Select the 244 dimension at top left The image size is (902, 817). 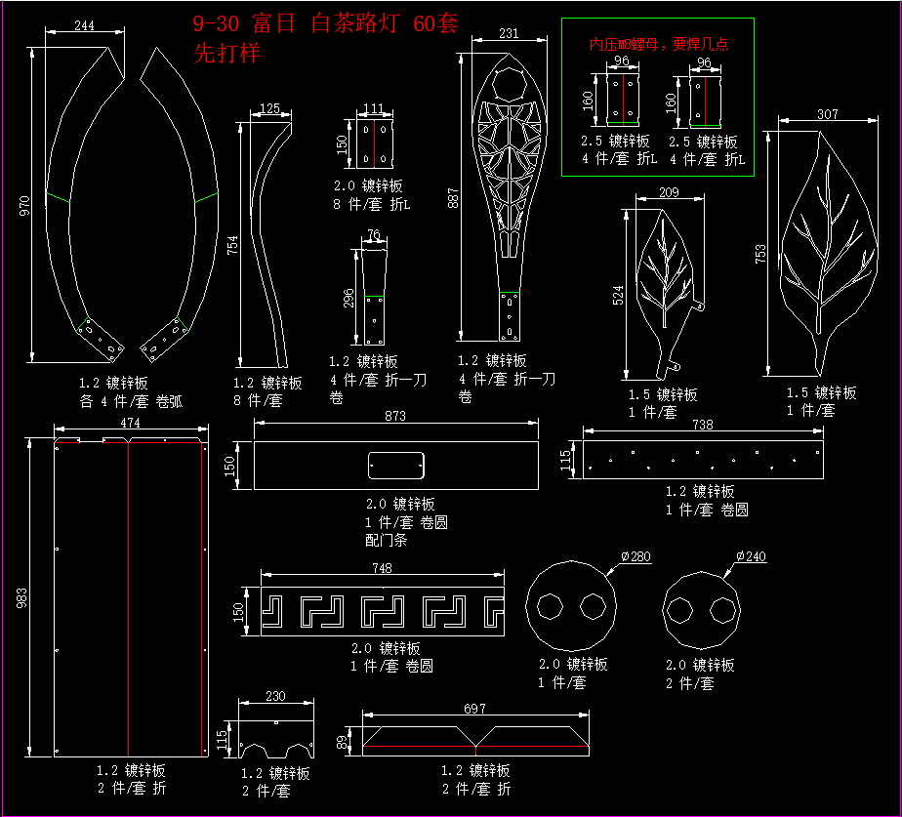click(x=84, y=26)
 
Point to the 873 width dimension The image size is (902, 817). click(x=395, y=416)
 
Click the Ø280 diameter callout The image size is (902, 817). click(x=635, y=556)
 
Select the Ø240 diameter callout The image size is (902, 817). click(x=751, y=556)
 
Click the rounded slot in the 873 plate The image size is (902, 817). click(x=394, y=466)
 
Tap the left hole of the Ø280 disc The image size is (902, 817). click(x=551, y=606)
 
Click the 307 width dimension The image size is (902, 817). click(x=827, y=114)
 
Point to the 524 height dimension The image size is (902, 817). click(x=619, y=295)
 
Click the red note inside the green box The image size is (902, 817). click(x=659, y=44)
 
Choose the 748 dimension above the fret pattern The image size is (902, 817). click(x=383, y=568)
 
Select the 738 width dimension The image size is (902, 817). click(x=702, y=425)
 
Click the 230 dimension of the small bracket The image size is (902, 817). click(x=276, y=696)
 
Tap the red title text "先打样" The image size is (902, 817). click(x=227, y=54)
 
